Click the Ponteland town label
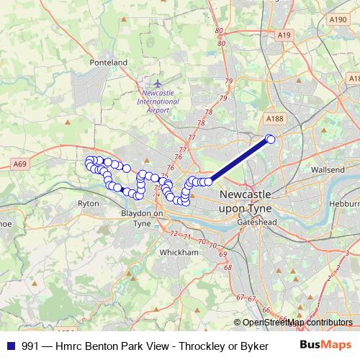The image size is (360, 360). [108, 63]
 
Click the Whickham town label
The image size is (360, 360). [179, 253]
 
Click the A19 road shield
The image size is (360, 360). [284, 35]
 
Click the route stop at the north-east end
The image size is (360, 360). [271, 139]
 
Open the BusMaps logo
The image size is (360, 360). [325, 346]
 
